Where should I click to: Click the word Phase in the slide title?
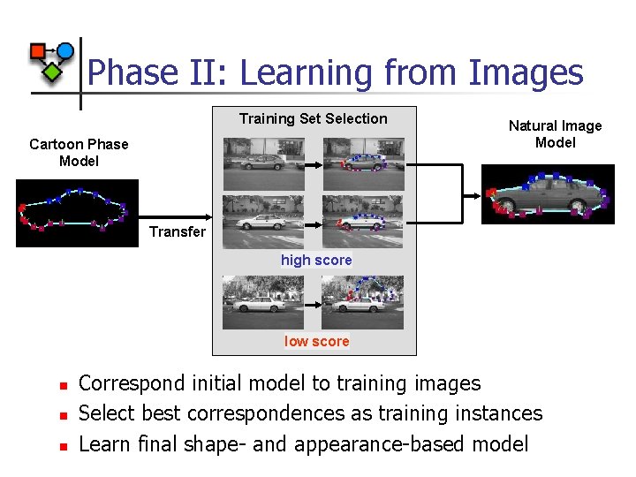(x=132, y=72)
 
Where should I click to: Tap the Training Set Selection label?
(x=313, y=118)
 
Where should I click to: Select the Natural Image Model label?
(x=555, y=134)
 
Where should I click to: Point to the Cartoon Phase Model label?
(x=79, y=152)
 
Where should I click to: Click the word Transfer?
(x=177, y=231)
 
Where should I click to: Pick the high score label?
(x=316, y=260)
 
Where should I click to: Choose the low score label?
(x=316, y=341)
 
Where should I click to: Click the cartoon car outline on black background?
(x=77, y=212)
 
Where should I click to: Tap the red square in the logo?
(x=38, y=51)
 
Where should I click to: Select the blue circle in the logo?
(x=65, y=50)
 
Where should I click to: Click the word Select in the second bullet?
(x=105, y=413)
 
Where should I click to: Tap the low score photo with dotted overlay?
(x=362, y=301)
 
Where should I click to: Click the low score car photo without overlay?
(x=262, y=301)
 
